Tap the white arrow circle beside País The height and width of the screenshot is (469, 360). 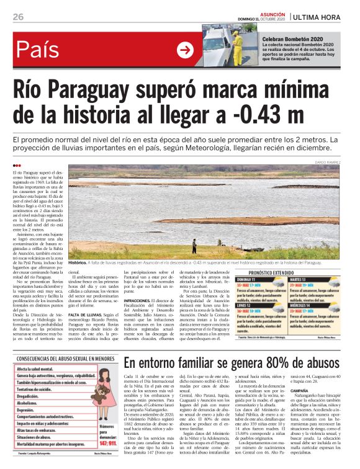[185, 50]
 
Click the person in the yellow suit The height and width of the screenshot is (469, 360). [236, 42]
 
